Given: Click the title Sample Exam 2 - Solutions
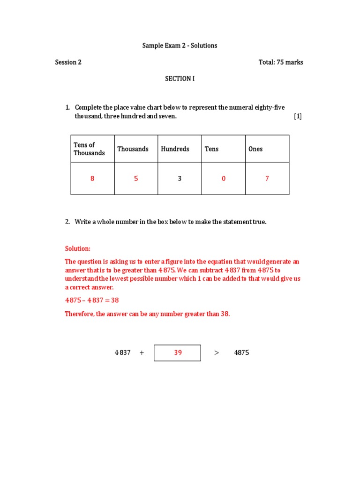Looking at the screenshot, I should [180, 45].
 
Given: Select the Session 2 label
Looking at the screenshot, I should [68, 62].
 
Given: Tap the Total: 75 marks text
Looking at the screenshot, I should [280, 62].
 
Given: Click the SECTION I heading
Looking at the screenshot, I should [180, 79].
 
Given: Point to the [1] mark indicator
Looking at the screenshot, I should [298, 116].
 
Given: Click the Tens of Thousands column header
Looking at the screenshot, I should [89, 149].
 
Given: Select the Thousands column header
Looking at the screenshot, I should [133, 149].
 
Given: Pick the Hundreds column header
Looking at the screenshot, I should [175, 149].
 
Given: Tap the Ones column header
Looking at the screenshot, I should [255, 149].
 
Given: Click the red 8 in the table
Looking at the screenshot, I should [92, 179].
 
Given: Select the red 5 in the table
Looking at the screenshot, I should [136, 179].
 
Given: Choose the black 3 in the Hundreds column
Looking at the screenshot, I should [180, 179].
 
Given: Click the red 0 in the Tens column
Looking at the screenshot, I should [224, 179].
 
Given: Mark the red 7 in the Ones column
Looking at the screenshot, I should [267, 179].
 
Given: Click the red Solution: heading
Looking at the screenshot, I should [78, 248].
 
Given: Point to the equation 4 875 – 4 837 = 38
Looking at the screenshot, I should [95, 300].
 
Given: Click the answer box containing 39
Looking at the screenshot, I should [178, 353].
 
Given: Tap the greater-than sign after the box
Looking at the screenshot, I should [217, 353].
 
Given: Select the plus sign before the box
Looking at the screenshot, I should [142, 353].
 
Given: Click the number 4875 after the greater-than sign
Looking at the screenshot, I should [241, 353].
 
